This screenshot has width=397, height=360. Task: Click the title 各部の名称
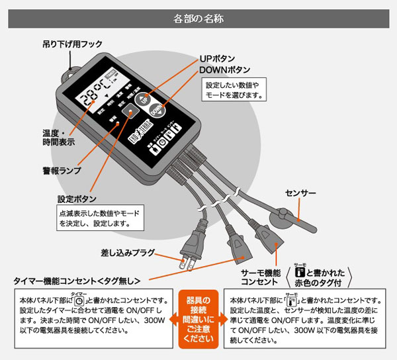coord(198,14)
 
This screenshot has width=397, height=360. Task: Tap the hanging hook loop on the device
coord(68,75)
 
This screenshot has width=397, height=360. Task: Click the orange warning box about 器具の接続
coord(198,318)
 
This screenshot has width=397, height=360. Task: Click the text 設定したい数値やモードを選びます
coord(235,90)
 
